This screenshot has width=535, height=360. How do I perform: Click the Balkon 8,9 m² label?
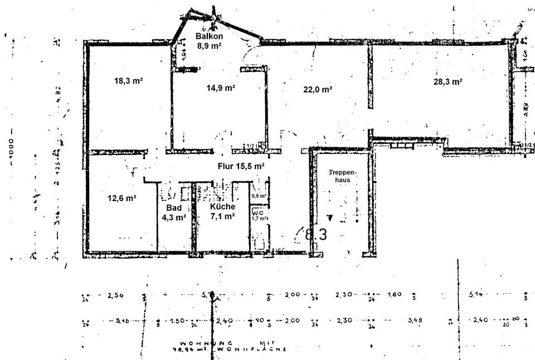pos(208,41)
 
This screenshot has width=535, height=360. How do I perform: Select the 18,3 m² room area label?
pos(128,80)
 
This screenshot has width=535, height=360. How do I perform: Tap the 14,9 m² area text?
pos(220,87)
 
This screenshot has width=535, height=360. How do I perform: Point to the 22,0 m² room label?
pos(318,89)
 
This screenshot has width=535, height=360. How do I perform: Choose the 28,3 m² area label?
pos(448,81)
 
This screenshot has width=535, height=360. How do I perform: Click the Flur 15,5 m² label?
pos(241,166)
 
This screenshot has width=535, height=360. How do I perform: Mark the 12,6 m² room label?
pos(122,197)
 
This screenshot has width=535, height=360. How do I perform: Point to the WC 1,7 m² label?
pos(257,215)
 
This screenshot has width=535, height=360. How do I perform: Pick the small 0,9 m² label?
pos(258,196)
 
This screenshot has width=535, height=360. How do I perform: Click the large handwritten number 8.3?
pos(315,235)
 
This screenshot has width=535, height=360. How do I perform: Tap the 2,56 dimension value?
pos(115,296)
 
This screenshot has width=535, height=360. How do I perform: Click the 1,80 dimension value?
pos(394,295)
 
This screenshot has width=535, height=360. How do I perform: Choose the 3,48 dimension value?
pos(415,320)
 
